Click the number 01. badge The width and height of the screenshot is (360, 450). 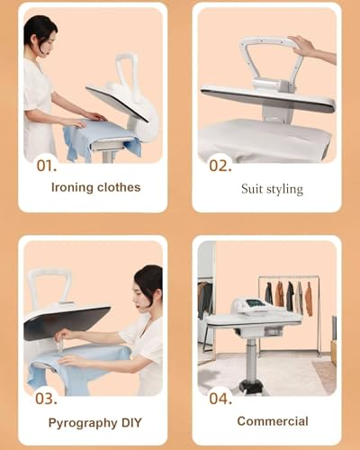click(x=46, y=166)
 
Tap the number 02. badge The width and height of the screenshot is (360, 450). click(x=220, y=165)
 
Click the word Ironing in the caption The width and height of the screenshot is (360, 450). click(x=67, y=187)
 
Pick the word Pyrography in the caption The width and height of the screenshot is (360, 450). click(x=80, y=421)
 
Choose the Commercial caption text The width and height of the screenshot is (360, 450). click(x=272, y=420)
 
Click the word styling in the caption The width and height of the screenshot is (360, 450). click(x=286, y=189)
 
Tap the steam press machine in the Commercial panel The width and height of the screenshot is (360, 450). click(x=256, y=310)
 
